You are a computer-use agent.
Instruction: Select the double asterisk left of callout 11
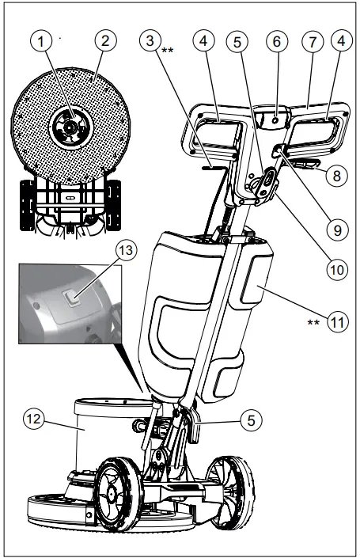click(313, 324)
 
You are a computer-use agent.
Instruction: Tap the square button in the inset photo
click(72, 298)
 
